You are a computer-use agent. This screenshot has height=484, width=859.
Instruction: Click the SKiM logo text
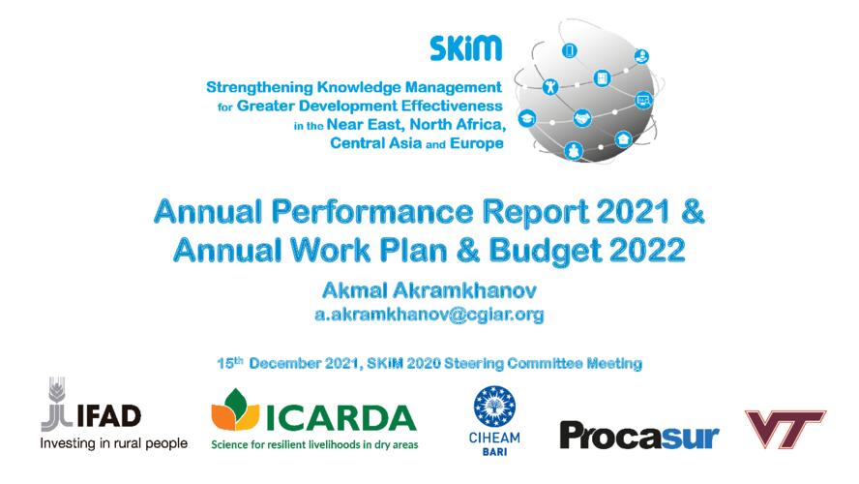(465, 48)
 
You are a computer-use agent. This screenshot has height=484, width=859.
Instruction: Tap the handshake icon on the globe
(582, 118)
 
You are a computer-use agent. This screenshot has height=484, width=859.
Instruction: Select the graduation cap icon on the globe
(527, 118)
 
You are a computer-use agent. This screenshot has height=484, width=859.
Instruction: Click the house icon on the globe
(623, 139)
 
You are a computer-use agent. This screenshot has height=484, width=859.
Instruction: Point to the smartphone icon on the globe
(570, 51)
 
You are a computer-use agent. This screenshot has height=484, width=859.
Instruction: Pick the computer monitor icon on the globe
(643, 101)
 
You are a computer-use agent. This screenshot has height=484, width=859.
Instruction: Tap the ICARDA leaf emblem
(235, 409)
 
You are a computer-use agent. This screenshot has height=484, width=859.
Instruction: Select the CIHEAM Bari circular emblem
(494, 407)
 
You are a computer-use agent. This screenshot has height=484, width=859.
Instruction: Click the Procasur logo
(639, 436)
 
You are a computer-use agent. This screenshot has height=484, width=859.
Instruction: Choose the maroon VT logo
(785, 428)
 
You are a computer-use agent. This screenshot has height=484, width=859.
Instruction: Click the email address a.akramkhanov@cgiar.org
(429, 315)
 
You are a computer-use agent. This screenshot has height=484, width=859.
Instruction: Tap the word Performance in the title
(372, 212)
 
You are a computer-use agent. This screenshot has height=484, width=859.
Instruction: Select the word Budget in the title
(545, 251)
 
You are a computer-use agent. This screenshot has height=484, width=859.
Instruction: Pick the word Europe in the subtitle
(477, 143)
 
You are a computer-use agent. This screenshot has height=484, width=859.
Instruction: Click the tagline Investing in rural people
(114, 443)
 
